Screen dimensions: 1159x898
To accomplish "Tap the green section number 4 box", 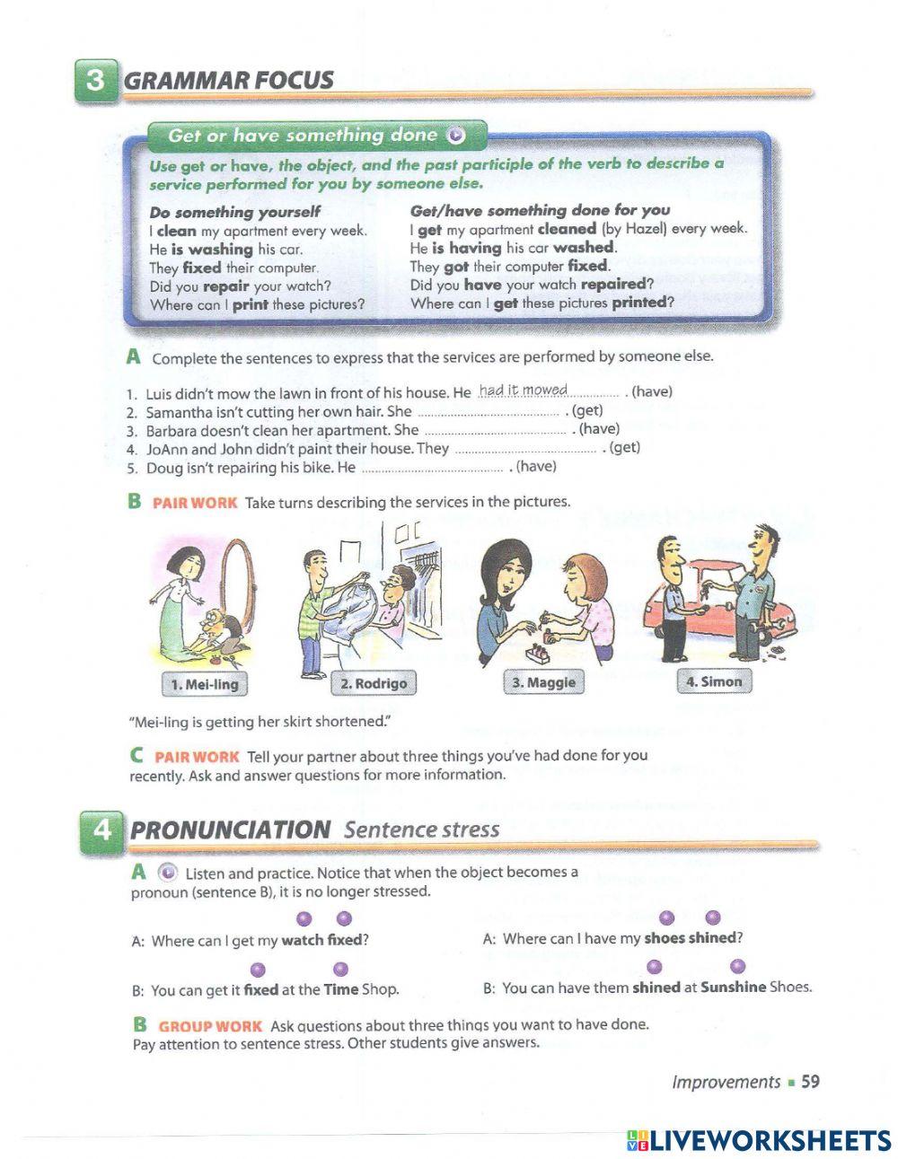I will click(101, 830).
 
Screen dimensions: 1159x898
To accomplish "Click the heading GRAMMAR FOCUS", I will click(228, 80).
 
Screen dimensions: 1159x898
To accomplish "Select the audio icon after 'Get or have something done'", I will click(456, 136).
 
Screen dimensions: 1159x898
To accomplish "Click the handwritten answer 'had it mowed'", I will click(523, 390).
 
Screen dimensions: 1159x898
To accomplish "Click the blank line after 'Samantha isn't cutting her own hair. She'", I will click(489, 413).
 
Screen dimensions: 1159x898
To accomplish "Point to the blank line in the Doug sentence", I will click(432, 469).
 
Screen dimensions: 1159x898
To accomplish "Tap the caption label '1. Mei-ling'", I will click(205, 685).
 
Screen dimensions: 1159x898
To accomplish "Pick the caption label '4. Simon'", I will click(714, 681).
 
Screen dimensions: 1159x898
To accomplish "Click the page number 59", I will click(810, 1082).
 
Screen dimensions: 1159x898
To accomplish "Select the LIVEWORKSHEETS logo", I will click(759, 1140).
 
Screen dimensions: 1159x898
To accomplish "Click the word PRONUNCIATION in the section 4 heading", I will click(230, 830).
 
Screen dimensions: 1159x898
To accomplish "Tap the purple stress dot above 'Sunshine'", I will click(737, 966).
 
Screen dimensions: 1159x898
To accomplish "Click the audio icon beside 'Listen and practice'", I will click(167, 873).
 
